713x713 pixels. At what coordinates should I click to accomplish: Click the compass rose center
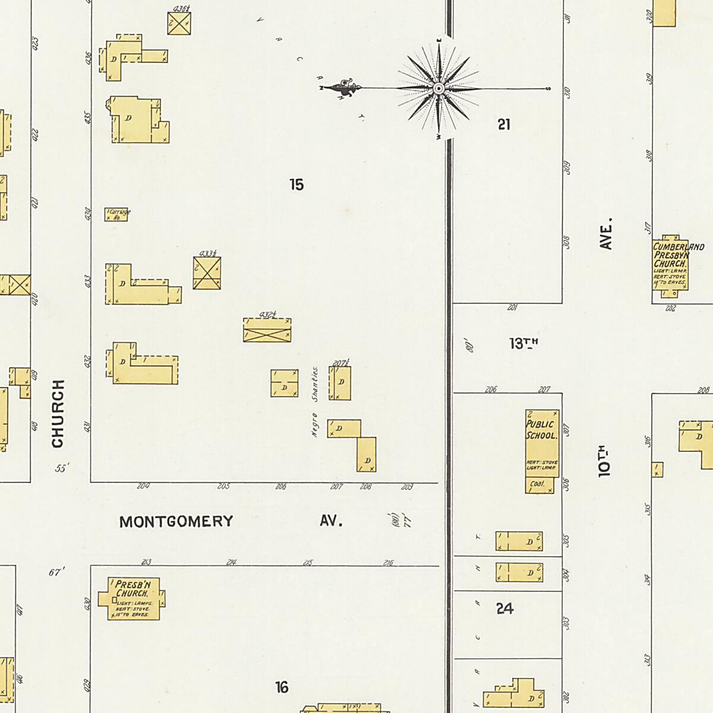point(438,89)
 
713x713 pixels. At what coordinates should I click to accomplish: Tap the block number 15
point(296,185)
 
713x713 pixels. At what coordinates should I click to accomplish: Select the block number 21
point(504,124)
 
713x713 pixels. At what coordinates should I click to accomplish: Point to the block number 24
point(504,608)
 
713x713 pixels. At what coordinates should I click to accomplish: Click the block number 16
point(282,687)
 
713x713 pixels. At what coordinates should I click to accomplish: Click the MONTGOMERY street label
point(176,522)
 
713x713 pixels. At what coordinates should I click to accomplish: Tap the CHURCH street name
point(57,414)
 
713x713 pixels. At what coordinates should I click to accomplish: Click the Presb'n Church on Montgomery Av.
point(133,598)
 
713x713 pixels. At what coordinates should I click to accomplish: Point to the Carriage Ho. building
point(117,214)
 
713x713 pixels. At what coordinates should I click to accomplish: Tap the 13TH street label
point(523,343)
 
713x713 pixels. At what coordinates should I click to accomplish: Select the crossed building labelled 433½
point(207,273)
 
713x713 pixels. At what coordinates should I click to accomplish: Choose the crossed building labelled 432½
point(267,330)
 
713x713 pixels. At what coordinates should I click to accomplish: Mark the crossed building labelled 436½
point(179,23)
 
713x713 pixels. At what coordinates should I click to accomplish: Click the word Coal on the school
point(537,484)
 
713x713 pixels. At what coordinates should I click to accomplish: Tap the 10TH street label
point(605,462)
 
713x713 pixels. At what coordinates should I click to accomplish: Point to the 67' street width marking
point(56,572)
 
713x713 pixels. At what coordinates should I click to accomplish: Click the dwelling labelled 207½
point(340,383)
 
